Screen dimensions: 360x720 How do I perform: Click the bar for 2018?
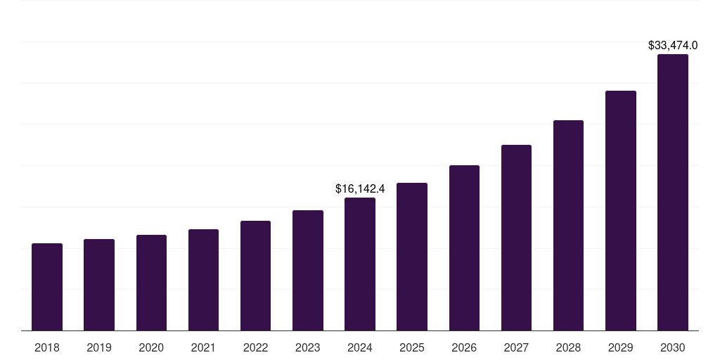pyautogui.click(x=47, y=287)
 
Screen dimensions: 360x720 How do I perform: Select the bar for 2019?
pyautogui.click(x=99, y=285)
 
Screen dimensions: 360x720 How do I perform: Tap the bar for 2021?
pyautogui.click(x=203, y=280)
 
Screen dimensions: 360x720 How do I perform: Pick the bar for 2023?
pyautogui.click(x=308, y=271)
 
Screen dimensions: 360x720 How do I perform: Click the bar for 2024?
pyautogui.click(x=360, y=264)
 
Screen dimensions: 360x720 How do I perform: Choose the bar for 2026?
pyautogui.click(x=464, y=248)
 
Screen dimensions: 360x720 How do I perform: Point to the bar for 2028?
pyautogui.click(x=568, y=226)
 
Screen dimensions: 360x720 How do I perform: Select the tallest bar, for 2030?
pyautogui.click(x=673, y=193)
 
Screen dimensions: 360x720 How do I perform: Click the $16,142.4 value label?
pyautogui.click(x=360, y=188)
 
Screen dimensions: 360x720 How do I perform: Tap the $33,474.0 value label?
pyautogui.click(x=673, y=45)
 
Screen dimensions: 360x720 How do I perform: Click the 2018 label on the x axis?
pyautogui.click(x=47, y=347)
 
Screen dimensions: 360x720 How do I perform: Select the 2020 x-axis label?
pyautogui.click(x=151, y=347)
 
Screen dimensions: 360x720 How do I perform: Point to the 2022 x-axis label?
pyautogui.click(x=255, y=347)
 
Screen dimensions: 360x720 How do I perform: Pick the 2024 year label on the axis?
pyautogui.click(x=360, y=347)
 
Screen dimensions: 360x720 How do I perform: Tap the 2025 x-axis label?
pyautogui.click(x=412, y=347)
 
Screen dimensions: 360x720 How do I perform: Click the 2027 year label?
pyautogui.click(x=516, y=347)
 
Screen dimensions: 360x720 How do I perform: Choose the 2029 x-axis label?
pyautogui.click(x=621, y=347)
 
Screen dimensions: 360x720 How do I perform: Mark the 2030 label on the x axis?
pyautogui.click(x=673, y=347)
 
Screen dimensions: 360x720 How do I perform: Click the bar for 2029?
pyautogui.click(x=621, y=211)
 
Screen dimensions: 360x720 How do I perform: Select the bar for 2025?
pyautogui.click(x=412, y=257)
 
